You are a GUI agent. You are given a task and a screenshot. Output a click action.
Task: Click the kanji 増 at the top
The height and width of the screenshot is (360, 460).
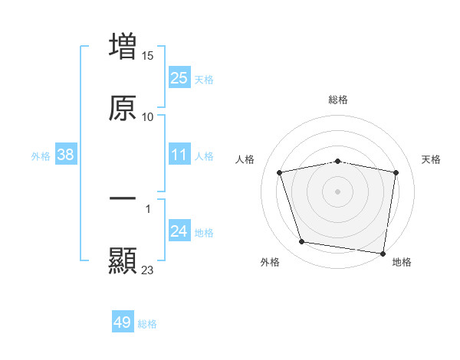click(123, 45)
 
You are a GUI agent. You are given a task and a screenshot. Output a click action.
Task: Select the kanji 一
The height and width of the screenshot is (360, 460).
click(123, 198)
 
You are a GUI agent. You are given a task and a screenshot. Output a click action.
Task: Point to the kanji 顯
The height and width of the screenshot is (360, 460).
click(123, 260)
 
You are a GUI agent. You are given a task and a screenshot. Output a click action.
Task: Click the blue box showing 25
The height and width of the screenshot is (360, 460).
click(179, 78)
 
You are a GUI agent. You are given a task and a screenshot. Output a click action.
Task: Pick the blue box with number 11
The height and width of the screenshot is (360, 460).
click(179, 155)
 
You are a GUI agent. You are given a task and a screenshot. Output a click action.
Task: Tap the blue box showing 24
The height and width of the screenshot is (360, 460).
click(179, 232)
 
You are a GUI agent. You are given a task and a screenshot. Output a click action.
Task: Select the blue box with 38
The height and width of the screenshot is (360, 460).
click(66, 155)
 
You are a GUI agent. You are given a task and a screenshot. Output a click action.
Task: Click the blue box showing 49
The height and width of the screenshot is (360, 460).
click(123, 323)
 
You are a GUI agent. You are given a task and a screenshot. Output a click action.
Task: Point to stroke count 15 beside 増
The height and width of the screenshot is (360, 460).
click(149, 55)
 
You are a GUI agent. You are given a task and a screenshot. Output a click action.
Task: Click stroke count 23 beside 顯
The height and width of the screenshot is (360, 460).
click(148, 270)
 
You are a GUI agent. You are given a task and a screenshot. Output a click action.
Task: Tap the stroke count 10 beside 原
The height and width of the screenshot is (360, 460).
click(148, 117)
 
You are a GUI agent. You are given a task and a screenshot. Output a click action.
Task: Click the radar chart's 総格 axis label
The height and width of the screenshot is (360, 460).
click(338, 100)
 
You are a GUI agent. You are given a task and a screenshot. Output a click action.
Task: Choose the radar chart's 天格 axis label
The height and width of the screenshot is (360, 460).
click(432, 159)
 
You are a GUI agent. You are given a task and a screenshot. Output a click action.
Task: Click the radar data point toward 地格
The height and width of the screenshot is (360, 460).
click(383, 253)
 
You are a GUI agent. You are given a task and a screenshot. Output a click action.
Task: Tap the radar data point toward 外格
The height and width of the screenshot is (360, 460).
click(301, 242)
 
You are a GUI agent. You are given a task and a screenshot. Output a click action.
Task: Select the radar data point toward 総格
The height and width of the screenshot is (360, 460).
click(338, 161)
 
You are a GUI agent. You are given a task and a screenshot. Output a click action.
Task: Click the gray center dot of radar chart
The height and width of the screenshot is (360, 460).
click(338, 191)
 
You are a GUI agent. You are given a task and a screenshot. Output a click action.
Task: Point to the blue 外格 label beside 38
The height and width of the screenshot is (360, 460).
click(41, 156)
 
